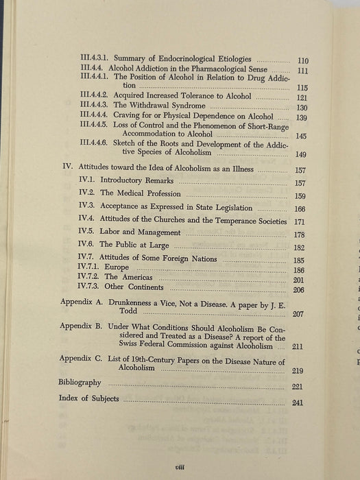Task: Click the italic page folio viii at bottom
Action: click(x=182, y=464)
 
